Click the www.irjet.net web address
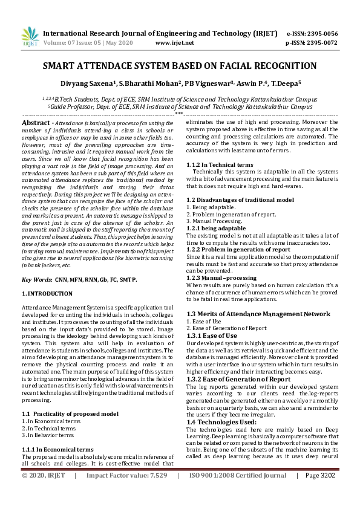click(x=174, y=43)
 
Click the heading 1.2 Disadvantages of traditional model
click(x=240, y=199)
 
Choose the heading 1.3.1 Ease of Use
click(x=212, y=336)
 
